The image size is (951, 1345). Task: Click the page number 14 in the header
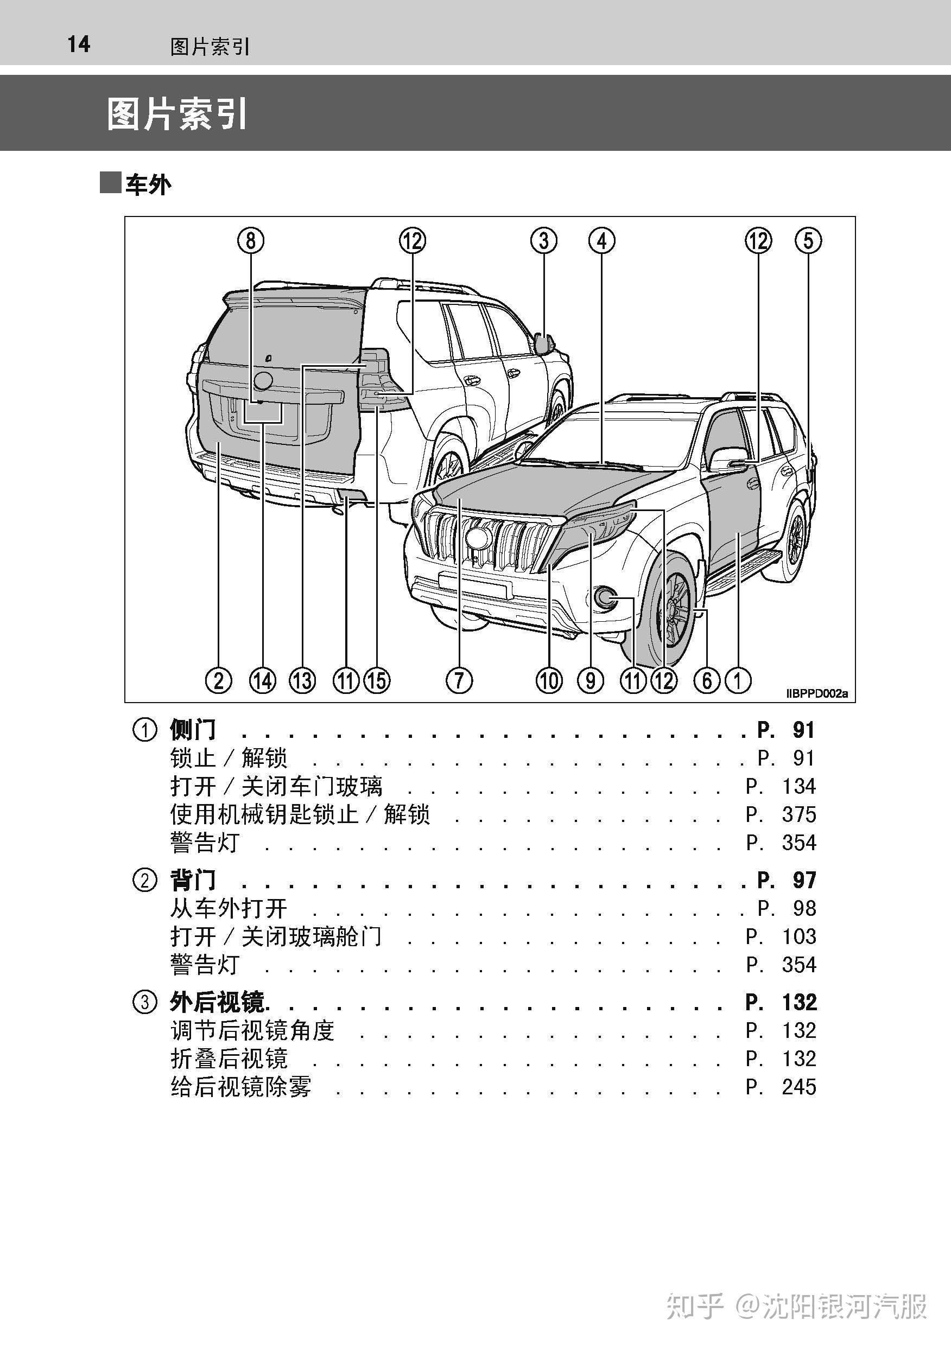79,44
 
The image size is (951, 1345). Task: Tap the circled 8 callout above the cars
251,241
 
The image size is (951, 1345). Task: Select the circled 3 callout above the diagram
544,241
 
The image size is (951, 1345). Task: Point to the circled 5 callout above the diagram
808,241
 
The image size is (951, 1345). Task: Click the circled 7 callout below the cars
459,680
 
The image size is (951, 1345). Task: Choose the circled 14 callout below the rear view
263,680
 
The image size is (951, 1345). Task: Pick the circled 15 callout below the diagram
377,680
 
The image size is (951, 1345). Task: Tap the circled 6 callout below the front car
707,680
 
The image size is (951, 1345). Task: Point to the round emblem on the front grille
478,538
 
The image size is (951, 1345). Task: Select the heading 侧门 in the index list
193,730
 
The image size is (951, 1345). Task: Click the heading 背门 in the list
193,880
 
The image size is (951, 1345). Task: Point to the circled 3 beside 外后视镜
145,1002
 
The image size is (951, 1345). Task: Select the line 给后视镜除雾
241,1087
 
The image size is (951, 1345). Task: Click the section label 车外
148,185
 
